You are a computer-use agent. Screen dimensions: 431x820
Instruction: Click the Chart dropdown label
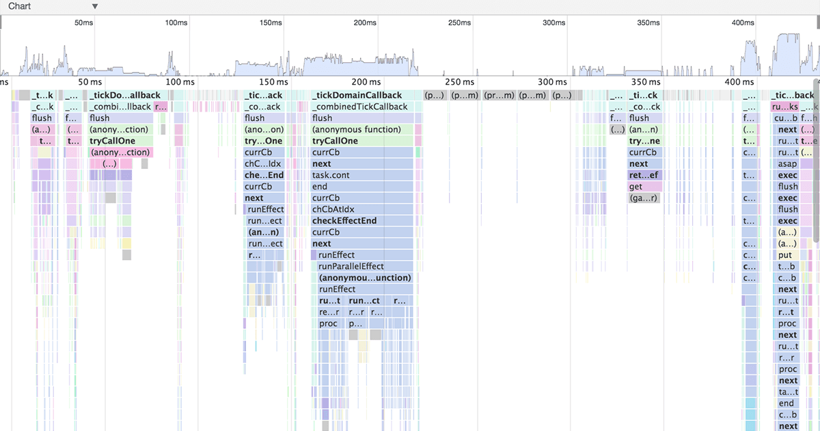pyautogui.click(x=20, y=6)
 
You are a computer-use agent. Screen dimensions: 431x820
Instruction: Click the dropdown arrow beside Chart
pyautogui.click(x=95, y=6)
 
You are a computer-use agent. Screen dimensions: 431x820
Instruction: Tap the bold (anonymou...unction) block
pyautogui.click(x=366, y=278)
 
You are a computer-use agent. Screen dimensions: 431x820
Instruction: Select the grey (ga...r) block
pyautogui.click(x=644, y=198)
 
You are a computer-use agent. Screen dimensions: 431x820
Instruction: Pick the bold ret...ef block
pyautogui.click(x=644, y=175)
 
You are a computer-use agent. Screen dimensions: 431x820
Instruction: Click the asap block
pyautogui.click(x=787, y=164)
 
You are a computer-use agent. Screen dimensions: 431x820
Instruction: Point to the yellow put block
pyautogui.click(x=786, y=255)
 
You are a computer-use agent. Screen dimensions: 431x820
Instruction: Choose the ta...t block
pyautogui.click(x=787, y=392)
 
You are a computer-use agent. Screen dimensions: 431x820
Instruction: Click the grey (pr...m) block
pyautogui.click(x=499, y=95)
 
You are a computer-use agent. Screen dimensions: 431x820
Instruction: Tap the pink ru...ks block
pyautogui.click(x=784, y=107)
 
